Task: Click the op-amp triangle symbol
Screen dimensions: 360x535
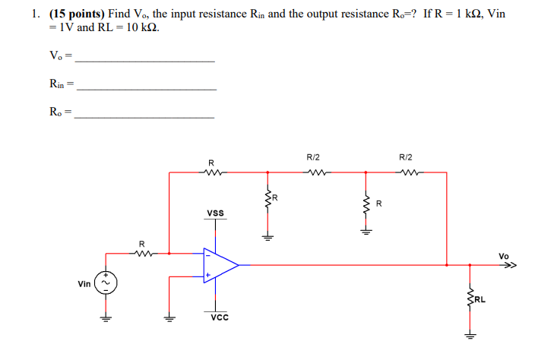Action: [220, 265]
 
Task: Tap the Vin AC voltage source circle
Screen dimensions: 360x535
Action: [107, 283]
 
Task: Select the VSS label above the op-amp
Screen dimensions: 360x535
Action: [215, 213]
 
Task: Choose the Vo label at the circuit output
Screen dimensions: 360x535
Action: [505, 256]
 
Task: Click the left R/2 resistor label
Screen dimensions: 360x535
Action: [313, 157]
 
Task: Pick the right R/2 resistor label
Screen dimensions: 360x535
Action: [406, 157]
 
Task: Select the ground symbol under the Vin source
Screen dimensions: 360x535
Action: [107, 319]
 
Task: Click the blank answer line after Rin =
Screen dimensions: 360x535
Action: [147, 89]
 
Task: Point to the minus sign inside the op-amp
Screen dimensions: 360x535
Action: [206, 255]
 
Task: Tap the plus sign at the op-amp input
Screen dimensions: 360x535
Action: [205, 275]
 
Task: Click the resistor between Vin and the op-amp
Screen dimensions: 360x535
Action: [141, 254]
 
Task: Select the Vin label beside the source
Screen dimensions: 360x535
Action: [84, 283]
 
